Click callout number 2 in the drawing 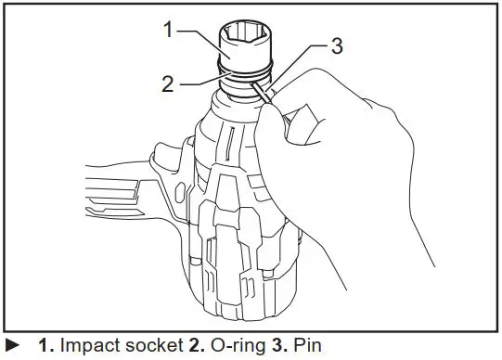pyautogui.click(x=168, y=82)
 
